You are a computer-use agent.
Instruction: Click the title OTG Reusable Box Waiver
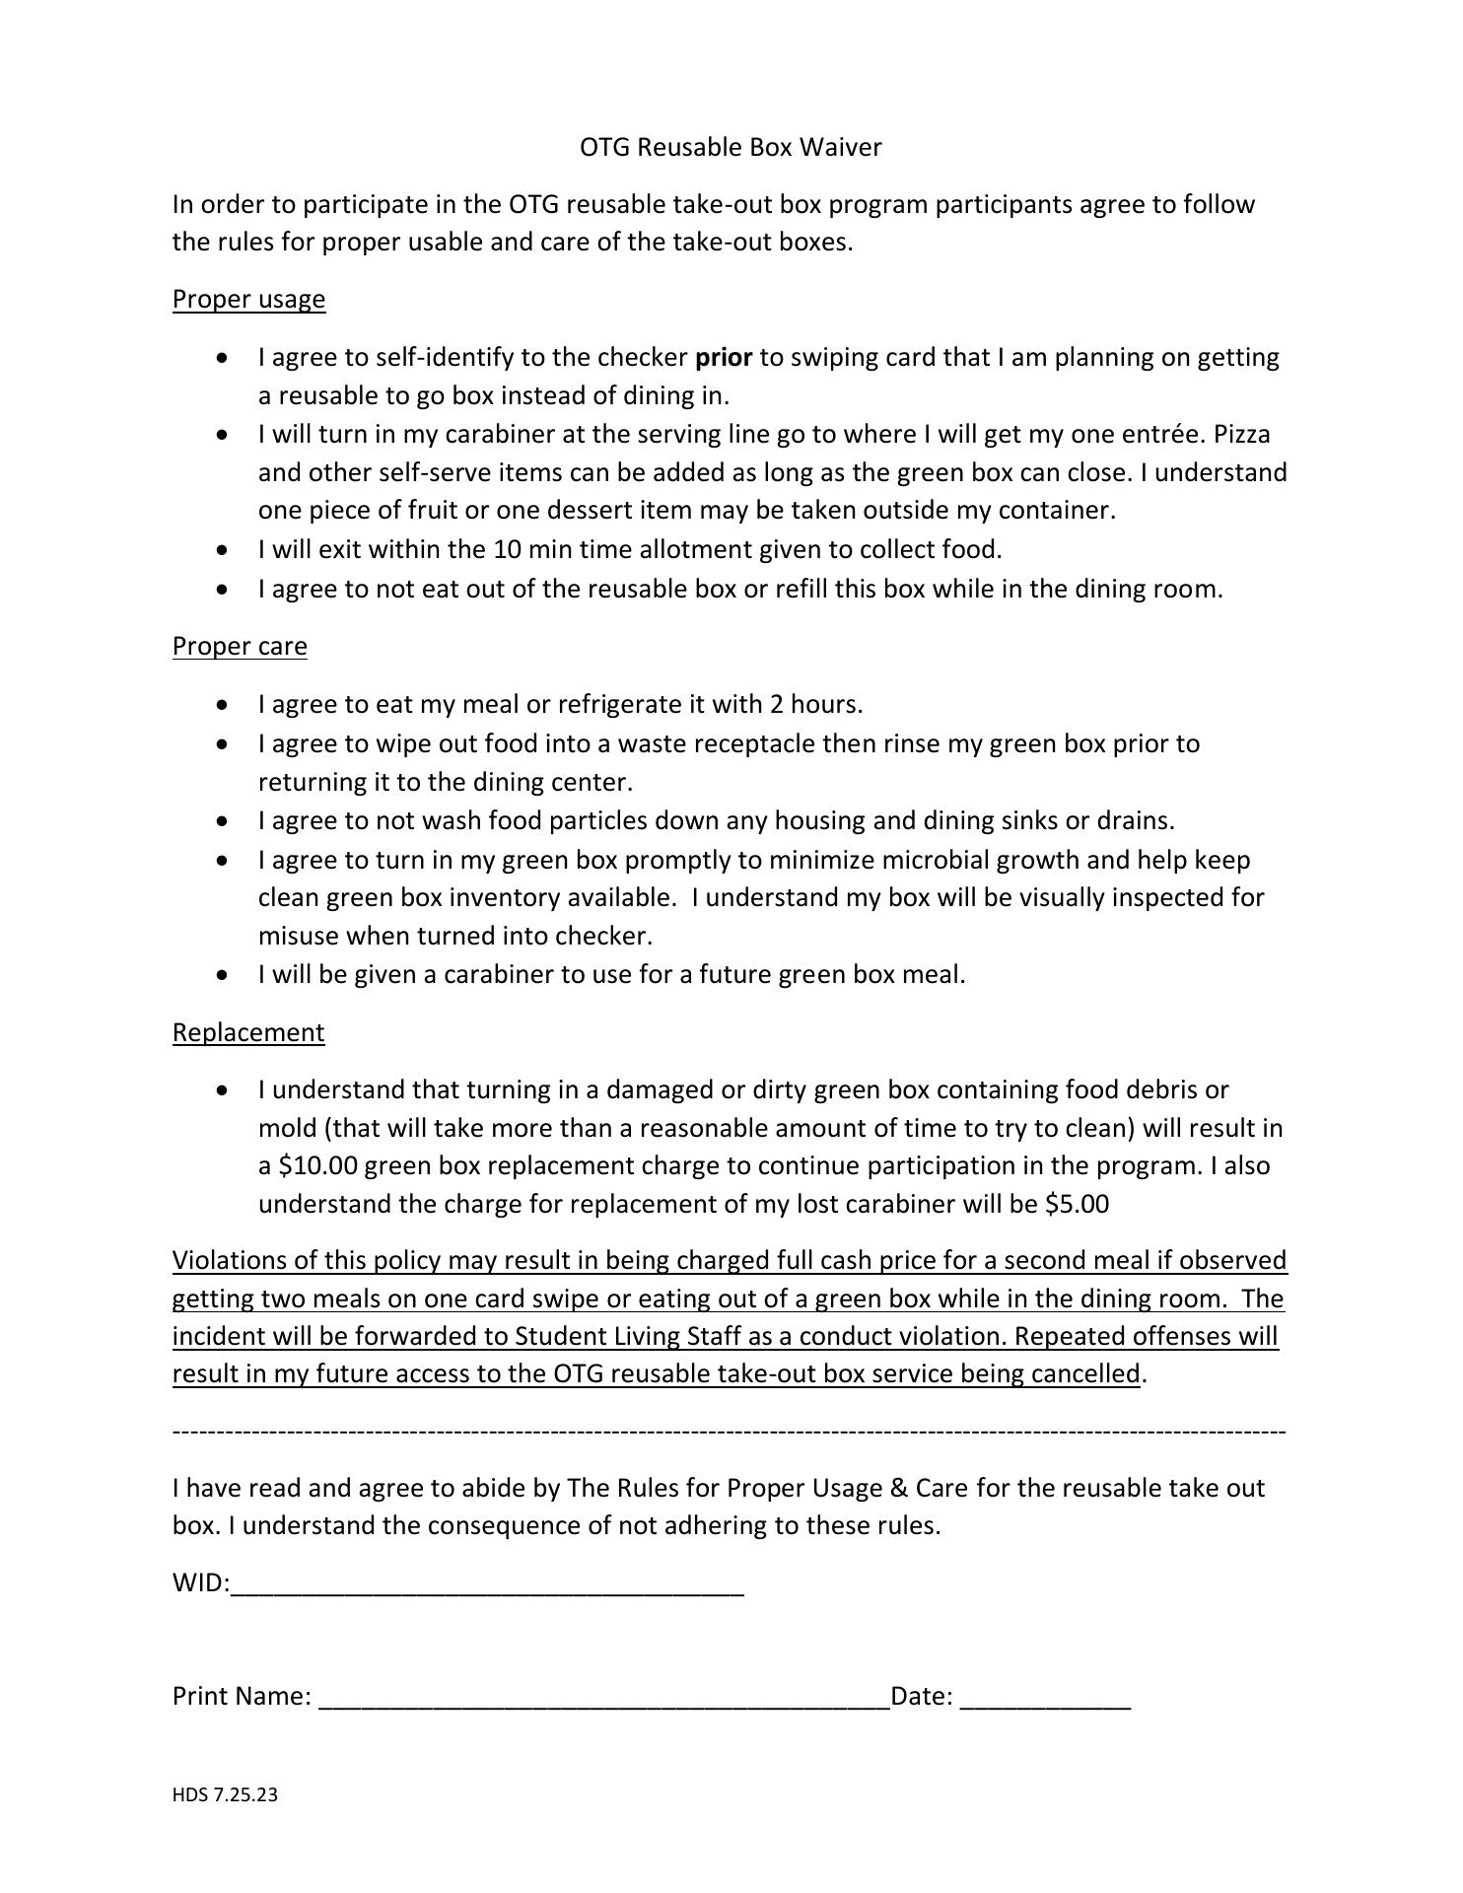[x=730, y=148]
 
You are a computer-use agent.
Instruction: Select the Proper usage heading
[x=248, y=299]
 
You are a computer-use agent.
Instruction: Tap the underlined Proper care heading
[x=240, y=646]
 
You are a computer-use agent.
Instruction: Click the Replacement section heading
[x=247, y=1032]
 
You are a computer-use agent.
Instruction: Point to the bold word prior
[x=724, y=357]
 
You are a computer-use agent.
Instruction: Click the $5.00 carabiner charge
[x=1077, y=1205]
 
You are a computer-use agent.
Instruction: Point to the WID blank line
[x=487, y=1584]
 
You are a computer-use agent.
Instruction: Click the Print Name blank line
[x=603, y=1697]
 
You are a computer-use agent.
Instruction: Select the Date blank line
[x=1045, y=1697]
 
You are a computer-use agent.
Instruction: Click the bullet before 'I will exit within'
[x=226, y=550]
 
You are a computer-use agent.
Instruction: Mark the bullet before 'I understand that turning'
[x=226, y=1090]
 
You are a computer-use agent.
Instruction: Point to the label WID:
[x=200, y=1583]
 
